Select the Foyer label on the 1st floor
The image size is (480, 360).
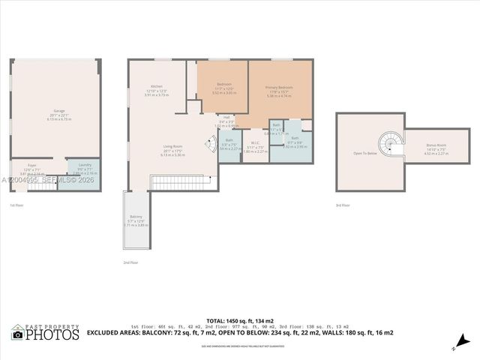pos(32,165)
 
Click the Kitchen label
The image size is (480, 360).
pos(156,86)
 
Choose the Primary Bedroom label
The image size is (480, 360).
pos(279,88)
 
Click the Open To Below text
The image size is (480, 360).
pos(364,152)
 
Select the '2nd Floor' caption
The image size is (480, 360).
pos(131,262)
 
